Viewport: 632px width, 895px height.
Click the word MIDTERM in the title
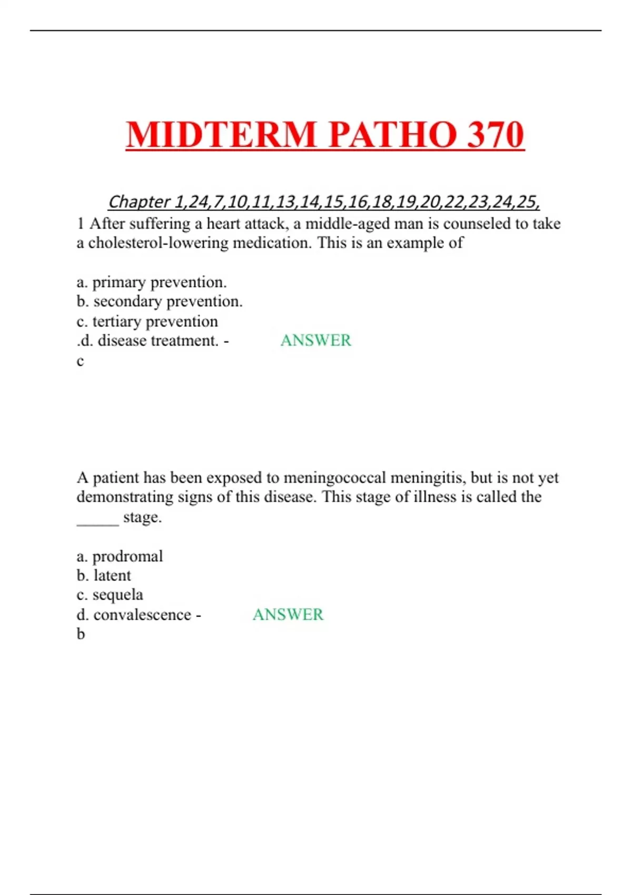click(221, 135)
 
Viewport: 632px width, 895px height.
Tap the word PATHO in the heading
click(392, 135)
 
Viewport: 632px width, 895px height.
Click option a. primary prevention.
click(152, 282)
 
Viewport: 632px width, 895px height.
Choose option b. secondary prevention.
click(160, 302)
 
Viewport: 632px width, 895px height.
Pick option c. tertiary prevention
click(147, 321)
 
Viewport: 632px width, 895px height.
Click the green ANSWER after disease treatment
click(315, 341)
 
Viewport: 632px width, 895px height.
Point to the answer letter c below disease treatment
click(80, 361)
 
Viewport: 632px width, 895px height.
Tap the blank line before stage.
click(97, 518)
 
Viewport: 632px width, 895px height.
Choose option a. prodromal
click(120, 556)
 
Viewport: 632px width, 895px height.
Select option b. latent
click(104, 575)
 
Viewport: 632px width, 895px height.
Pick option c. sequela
click(110, 595)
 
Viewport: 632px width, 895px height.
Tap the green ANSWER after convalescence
click(288, 614)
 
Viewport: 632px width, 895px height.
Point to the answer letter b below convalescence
click(81, 634)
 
